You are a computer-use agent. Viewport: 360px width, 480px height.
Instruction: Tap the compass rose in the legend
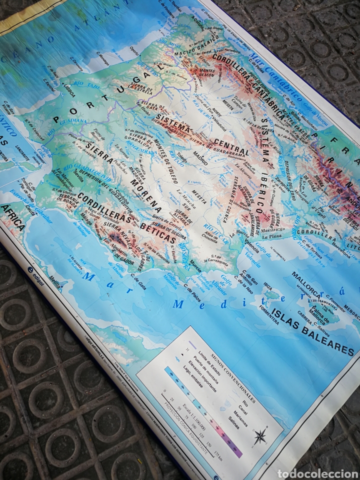coord(260,436)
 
